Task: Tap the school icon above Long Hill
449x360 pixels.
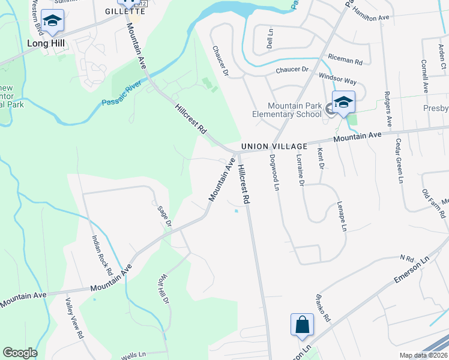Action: (x=53, y=23)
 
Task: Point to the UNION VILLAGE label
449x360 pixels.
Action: (x=274, y=146)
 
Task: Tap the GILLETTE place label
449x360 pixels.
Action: (x=125, y=11)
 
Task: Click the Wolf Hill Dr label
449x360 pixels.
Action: (x=163, y=292)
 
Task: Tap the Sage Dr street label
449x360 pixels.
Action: (x=164, y=217)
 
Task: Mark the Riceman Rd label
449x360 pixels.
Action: (x=345, y=59)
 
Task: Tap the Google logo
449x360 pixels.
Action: (x=20, y=353)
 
